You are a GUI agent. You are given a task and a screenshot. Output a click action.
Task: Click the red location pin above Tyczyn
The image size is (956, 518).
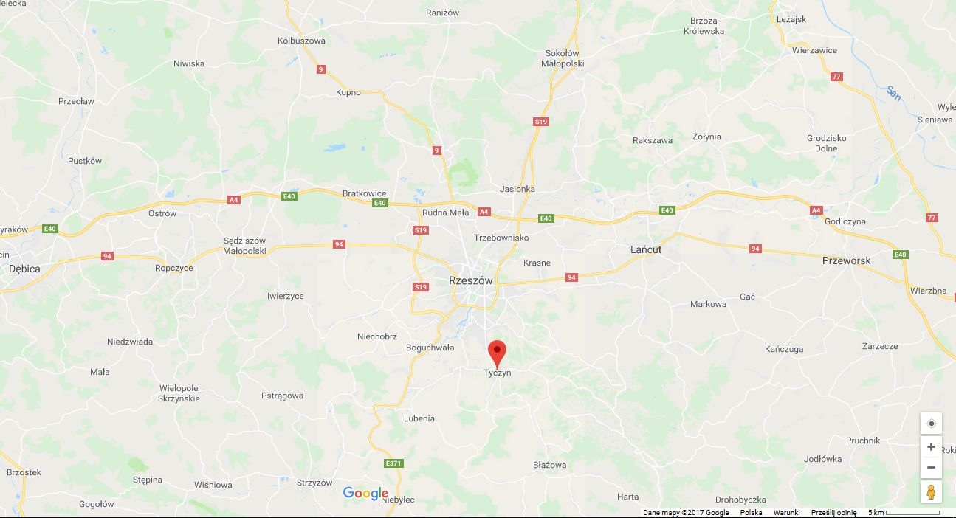click(498, 351)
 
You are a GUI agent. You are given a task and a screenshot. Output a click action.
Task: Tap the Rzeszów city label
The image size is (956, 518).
click(470, 280)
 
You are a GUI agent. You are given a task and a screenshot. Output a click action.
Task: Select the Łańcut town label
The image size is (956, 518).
click(646, 249)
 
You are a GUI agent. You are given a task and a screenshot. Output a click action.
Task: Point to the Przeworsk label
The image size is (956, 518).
click(846, 260)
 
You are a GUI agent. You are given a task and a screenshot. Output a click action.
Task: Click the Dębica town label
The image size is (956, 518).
click(24, 269)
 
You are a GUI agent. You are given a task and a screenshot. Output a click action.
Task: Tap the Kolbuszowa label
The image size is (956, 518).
click(301, 41)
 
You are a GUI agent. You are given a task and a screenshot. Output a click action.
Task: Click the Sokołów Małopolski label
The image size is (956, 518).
click(563, 58)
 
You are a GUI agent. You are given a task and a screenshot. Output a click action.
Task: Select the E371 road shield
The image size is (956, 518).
click(393, 463)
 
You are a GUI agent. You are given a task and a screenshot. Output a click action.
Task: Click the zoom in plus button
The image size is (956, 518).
click(931, 447)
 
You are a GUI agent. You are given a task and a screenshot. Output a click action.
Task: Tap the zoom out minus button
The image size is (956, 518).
click(931, 467)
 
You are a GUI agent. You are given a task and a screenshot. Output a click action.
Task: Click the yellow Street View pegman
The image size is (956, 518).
click(931, 491)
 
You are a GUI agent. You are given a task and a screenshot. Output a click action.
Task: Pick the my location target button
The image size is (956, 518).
click(931, 423)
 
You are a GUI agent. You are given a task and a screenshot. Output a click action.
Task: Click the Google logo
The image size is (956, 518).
click(365, 494)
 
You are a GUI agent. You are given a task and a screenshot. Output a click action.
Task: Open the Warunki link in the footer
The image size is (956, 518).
click(786, 512)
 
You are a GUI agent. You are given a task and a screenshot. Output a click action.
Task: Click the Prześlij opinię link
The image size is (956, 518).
click(833, 512)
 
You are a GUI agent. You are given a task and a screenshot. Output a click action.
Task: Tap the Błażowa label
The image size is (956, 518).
click(549, 465)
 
